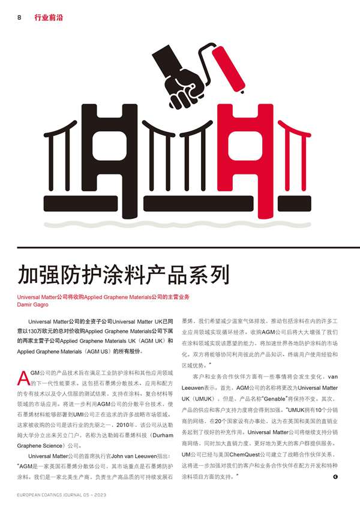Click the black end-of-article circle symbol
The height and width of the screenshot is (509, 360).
[336, 476]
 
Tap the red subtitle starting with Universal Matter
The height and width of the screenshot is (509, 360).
[103, 297]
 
